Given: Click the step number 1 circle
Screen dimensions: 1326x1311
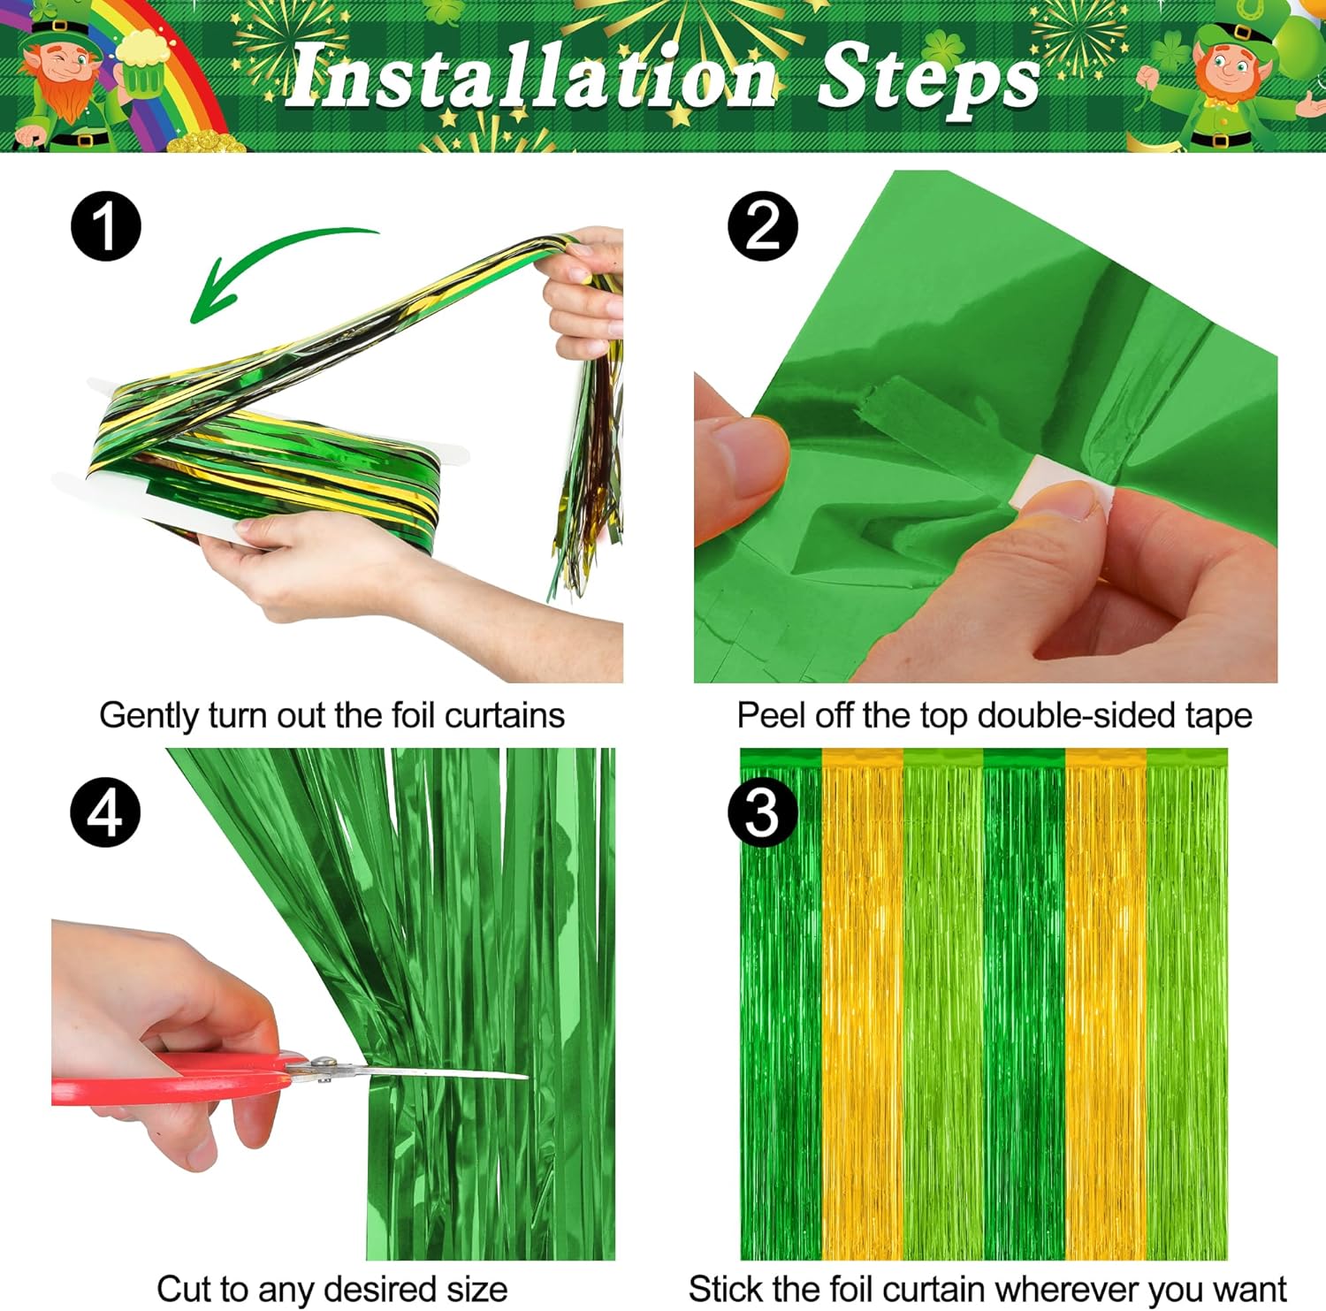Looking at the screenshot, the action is (106, 226).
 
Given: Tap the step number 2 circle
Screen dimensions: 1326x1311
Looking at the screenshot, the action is (763, 226).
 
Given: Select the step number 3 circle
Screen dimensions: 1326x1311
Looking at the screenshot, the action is (763, 812).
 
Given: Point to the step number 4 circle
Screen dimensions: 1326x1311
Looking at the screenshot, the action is (106, 812).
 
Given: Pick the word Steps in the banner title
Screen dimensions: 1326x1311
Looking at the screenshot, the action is (928, 80).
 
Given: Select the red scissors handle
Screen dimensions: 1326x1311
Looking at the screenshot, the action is (168, 1080).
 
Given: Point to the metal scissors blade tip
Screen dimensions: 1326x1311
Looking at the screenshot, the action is (527, 1076).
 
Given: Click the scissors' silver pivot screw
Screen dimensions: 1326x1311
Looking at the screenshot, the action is (324, 1066).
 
